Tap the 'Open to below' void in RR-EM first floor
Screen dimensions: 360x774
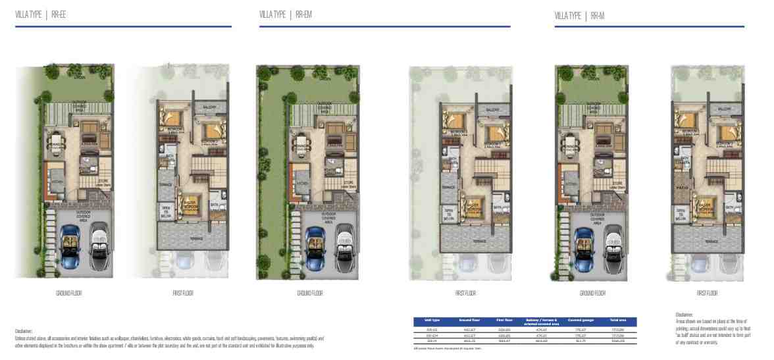click(450, 213)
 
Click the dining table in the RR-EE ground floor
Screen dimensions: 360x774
click(57, 141)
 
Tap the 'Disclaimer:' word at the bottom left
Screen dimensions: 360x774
click(24, 332)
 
